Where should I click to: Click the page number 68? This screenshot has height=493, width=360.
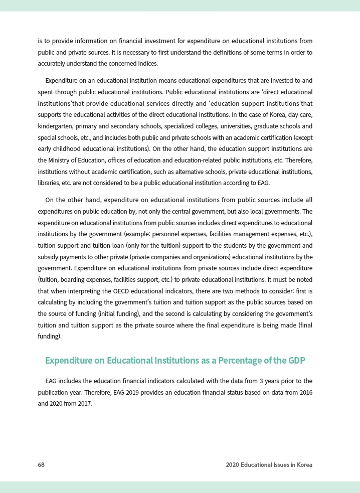pyautogui.click(x=41, y=465)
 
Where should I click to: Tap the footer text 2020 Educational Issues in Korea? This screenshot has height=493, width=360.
pyautogui.click(x=269, y=465)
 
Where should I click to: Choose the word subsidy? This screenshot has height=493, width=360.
pyautogui.click(x=50, y=257)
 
